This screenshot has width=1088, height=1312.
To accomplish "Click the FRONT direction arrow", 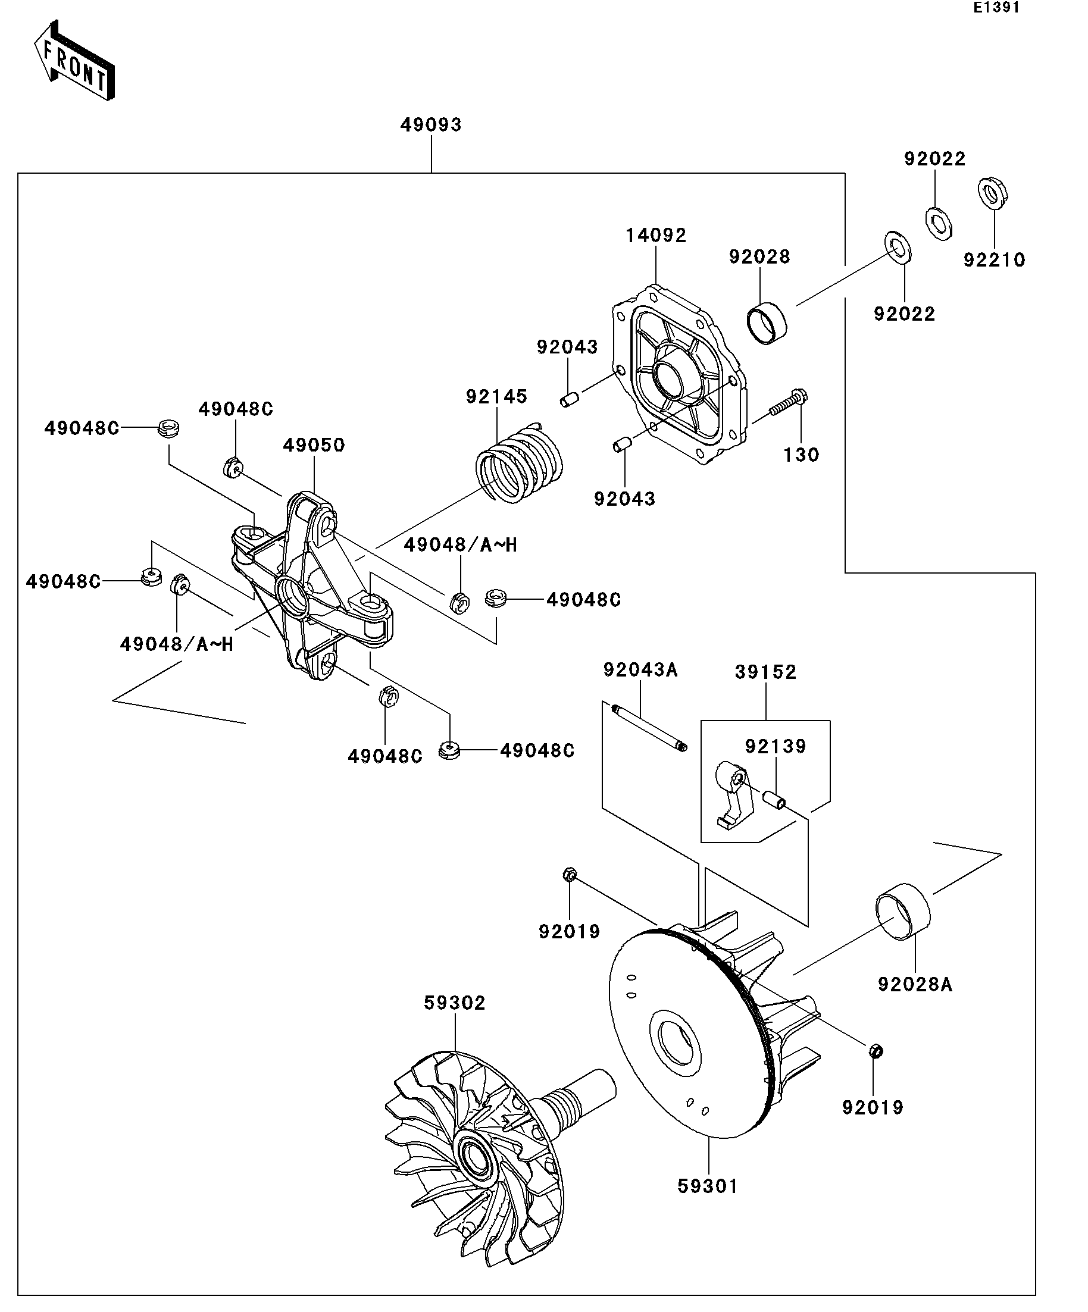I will [74, 61].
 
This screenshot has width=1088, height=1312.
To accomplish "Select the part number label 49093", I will [431, 125].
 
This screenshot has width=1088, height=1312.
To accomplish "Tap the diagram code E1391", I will [997, 8].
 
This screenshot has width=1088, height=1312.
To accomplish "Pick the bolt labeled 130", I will [789, 403].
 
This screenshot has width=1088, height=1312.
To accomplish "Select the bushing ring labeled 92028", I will [767, 323].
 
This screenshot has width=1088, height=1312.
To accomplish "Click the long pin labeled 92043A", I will [649, 727].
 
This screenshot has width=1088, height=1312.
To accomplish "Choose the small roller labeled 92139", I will [774, 799].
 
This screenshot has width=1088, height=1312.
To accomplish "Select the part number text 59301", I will [708, 1186].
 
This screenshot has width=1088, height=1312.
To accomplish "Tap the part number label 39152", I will [765, 672].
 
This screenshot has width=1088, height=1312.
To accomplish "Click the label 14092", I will [656, 236].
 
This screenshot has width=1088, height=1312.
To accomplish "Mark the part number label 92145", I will [497, 397].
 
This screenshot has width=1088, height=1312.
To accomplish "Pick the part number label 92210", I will [995, 260].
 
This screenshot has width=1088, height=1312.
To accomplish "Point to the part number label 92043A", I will [640, 670].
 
